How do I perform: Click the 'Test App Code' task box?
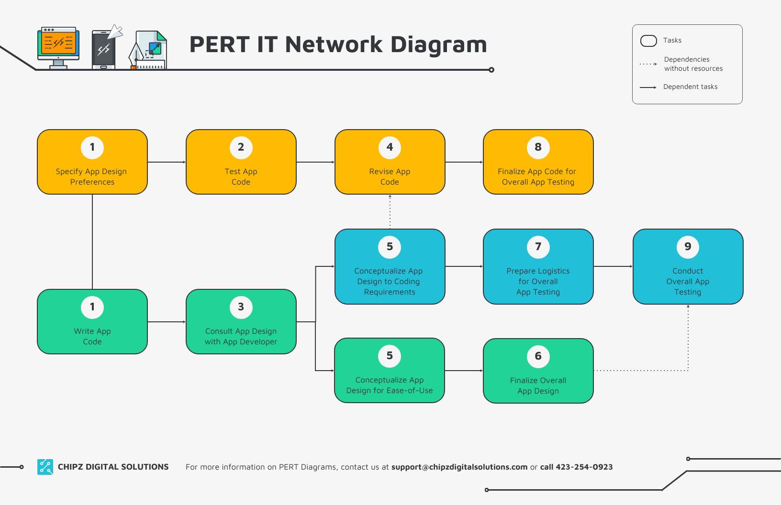pos(241,162)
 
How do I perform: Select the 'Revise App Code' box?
pos(390,162)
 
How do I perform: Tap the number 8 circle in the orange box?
pos(538,147)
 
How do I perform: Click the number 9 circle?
pos(688,247)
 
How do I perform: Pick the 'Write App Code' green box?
pos(92,322)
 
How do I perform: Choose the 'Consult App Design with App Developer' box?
pos(241,322)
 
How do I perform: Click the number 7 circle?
pos(538,247)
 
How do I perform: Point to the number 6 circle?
pos(538,356)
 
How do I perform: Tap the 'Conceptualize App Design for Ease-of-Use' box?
pos(390,371)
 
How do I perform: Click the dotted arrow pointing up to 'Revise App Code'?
pos(390,211)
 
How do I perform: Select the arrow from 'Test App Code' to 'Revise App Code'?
pos(315,162)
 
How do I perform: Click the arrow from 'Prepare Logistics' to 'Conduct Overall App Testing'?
pos(613,266)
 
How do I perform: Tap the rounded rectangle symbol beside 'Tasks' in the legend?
pos(648,41)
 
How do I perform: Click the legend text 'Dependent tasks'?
pos(690,87)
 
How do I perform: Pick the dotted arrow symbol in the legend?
pos(648,64)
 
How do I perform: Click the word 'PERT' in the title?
pos(219,45)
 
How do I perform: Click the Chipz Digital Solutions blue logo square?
pos(45,467)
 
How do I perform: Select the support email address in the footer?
pos(459,467)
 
